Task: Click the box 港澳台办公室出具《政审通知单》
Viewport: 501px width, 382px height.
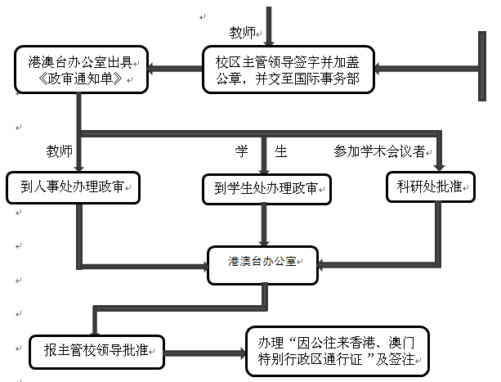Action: [81, 70]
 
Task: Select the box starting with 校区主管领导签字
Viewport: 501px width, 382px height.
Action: [289, 70]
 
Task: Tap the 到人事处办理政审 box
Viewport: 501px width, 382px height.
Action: [74, 187]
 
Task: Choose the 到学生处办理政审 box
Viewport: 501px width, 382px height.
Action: [266, 189]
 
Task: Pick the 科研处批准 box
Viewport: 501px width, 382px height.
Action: [431, 187]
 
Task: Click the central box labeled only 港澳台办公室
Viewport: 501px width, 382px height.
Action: [262, 265]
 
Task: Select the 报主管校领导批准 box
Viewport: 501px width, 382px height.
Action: [96, 352]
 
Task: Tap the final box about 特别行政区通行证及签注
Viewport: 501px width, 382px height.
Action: [338, 351]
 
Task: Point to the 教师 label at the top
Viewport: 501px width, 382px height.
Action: [242, 33]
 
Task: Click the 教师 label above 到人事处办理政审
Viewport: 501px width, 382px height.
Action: [60, 151]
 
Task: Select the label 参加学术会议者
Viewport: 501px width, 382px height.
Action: [379, 151]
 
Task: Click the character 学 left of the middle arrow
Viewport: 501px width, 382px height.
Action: [242, 151]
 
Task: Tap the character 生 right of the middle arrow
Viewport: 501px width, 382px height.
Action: [280, 151]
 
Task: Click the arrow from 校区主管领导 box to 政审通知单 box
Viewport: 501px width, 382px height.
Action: [175, 69]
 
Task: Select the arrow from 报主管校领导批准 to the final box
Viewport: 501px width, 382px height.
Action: [205, 353]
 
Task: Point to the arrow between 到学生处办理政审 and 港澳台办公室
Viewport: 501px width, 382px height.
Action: [264, 225]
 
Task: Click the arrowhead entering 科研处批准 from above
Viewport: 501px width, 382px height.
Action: [440, 168]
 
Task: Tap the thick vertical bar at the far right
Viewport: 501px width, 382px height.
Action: [482, 66]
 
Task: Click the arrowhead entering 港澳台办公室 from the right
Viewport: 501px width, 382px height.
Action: [320, 265]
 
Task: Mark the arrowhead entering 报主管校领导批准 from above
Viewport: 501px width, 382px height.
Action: [95, 332]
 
